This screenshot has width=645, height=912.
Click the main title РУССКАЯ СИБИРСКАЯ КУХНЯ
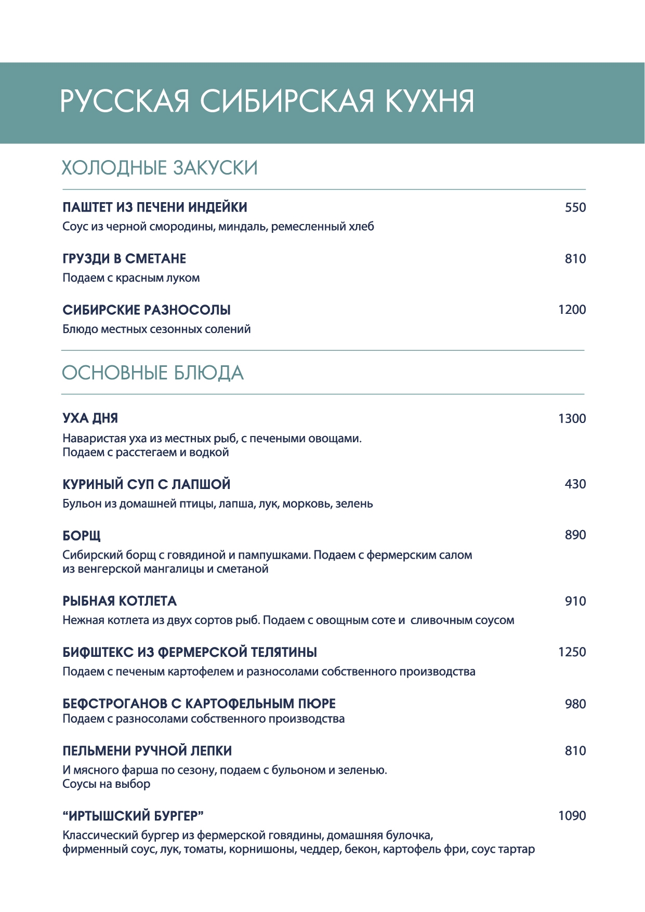coord(267,101)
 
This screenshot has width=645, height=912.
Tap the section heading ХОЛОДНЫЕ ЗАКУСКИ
coord(160,168)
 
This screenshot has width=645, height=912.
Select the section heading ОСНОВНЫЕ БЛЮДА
coord(153,373)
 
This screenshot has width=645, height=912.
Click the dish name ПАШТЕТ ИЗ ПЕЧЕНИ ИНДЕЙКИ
coord(155,207)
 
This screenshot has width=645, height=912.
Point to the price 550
coord(575,207)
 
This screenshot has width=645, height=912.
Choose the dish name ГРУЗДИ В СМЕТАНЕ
coord(124,259)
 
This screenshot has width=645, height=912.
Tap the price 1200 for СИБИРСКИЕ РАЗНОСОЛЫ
coord(572,310)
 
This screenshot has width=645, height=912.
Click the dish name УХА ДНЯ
coord(90,418)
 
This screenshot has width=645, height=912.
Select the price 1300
coord(572,419)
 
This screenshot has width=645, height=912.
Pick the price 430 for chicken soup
coord(575,484)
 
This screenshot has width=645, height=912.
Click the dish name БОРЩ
coord(82,535)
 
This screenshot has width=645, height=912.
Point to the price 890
coord(575,535)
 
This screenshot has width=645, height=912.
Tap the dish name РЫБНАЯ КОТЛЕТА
coord(120,601)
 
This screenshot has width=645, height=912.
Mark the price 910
coord(575,601)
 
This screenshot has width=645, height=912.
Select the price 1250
coord(572,652)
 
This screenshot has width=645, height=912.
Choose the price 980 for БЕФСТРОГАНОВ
coord(575,704)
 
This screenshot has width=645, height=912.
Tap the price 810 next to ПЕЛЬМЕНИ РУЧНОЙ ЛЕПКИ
coord(575,751)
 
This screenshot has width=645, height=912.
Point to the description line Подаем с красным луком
coord(131,278)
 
